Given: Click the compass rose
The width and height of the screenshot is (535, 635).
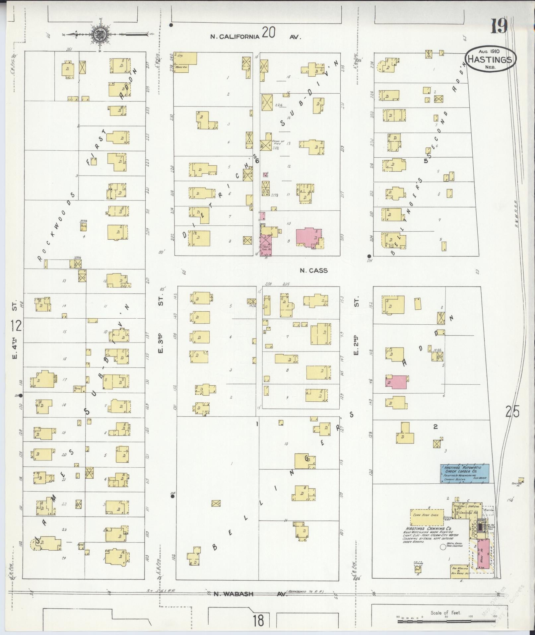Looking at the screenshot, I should coord(99,34).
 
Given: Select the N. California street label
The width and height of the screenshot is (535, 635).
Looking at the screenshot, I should coord(235,37).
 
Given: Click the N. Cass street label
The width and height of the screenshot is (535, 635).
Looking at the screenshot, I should coord(313,271).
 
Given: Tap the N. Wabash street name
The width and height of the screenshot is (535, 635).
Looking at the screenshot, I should coord(233,594).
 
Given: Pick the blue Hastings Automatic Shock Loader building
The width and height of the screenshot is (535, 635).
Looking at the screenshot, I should coord(464,473).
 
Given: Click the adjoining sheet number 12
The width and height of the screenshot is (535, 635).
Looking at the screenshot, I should coord(16,326).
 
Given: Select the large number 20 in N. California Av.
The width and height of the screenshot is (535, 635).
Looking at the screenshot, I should coord(268,33).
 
